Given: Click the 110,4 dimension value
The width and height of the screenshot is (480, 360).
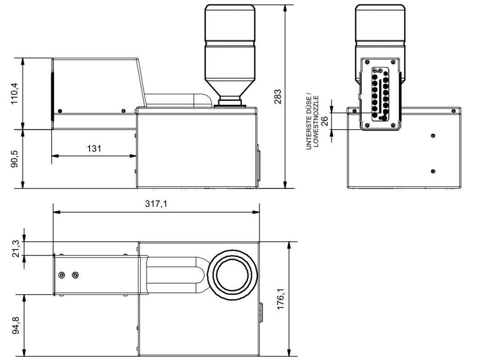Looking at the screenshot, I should (x=15, y=93).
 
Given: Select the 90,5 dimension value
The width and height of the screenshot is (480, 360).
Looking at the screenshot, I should (x=15, y=159).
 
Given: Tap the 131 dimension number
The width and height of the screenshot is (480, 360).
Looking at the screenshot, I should (x=94, y=148).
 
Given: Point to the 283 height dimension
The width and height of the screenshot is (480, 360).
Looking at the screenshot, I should (x=278, y=96).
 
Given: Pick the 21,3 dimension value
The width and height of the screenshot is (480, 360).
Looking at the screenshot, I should (x=16, y=248).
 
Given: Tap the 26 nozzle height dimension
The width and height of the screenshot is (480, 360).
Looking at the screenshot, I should (x=324, y=121).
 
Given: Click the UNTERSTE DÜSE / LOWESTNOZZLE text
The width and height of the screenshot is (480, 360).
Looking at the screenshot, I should (x=312, y=121).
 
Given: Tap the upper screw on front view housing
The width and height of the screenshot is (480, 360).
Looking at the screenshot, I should (x=433, y=135).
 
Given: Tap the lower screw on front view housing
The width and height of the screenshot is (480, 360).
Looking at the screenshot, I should (x=433, y=171).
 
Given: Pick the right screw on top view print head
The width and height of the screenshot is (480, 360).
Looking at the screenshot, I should (x=75, y=275).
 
